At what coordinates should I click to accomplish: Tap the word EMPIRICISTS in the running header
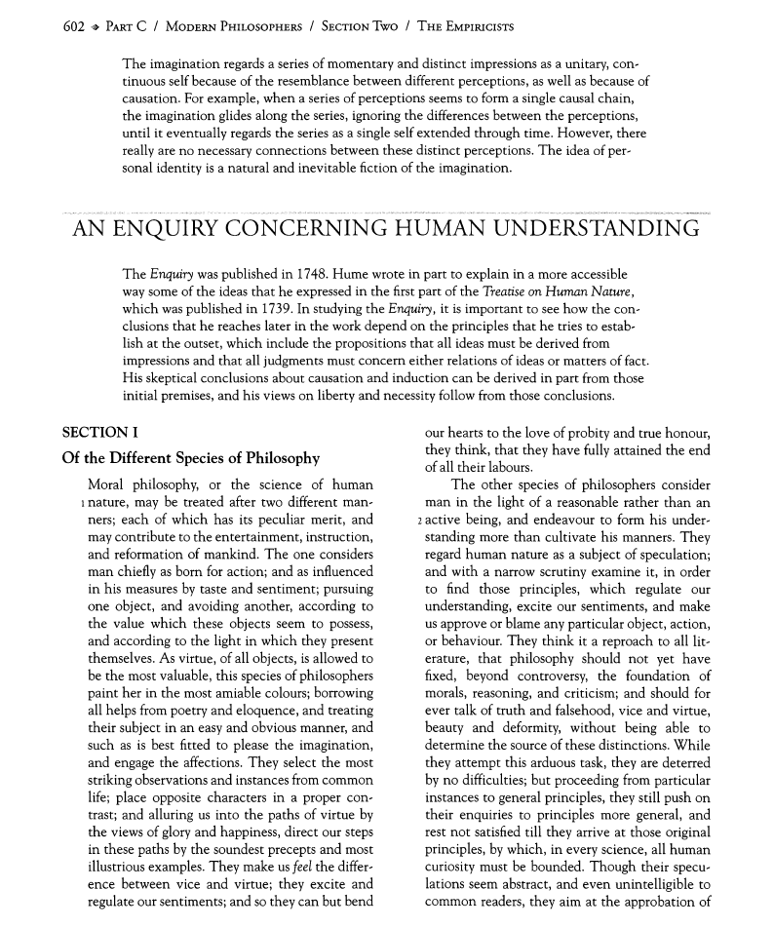pos(472,26)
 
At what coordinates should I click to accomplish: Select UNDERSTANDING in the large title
pos(597,230)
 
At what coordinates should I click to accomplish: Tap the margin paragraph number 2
pos(417,521)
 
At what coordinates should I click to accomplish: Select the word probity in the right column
pos(587,433)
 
